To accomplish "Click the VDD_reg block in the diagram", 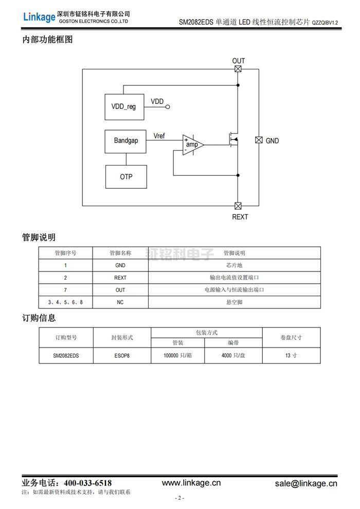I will click(x=124, y=106).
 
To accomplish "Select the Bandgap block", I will click(x=125, y=140).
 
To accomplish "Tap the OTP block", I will click(x=126, y=176).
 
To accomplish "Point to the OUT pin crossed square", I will click(x=238, y=69).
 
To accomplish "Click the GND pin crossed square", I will click(x=259, y=140).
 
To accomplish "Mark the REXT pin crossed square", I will click(x=238, y=206).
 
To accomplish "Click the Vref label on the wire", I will click(x=160, y=135).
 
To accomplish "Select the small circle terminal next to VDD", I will click(x=167, y=107).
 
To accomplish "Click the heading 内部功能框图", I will click(x=47, y=40).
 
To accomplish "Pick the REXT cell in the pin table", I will click(x=120, y=278).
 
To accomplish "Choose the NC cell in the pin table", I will click(x=120, y=302).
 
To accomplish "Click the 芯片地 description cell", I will click(x=234, y=265).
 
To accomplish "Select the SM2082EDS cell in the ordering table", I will click(x=66, y=355).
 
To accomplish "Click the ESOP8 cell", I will click(x=122, y=355).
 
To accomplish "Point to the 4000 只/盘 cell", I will click(x=233, y=355).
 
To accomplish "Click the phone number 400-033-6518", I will click(x=87, y=483).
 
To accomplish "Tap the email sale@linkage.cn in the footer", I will click(x=306, y=483).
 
